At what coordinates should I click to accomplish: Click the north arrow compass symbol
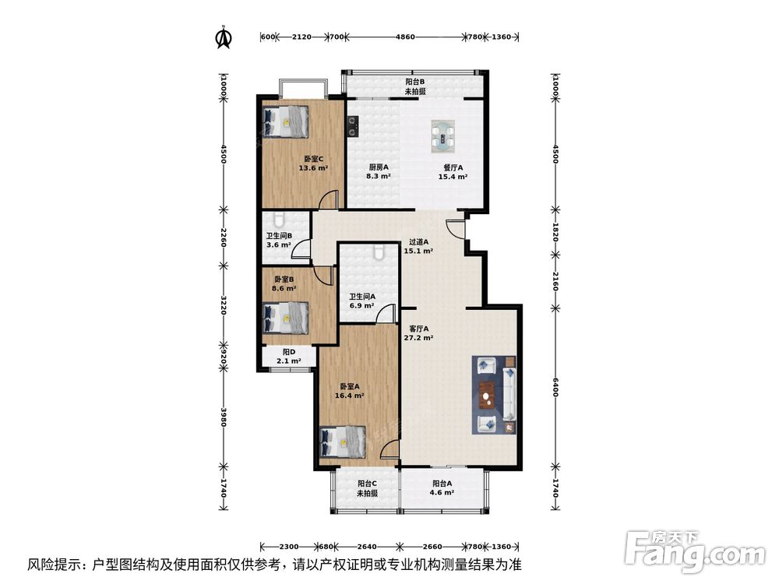(x=224, y=37)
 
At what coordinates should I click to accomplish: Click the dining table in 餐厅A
(x=443, y=137)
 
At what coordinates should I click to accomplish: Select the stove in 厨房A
(x=353, y=123)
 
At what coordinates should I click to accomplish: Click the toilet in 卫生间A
(x=379, y=252)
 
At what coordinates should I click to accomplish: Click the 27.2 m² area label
(x=418, y=338)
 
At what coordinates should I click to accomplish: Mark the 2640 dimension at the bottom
(x=367, y=546)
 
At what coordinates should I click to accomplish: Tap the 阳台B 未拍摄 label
(x=414, y=86)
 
